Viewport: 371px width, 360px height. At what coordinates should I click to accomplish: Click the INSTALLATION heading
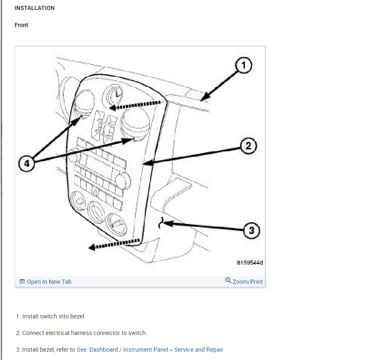coord(35,8)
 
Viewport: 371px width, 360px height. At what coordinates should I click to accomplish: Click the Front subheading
coord(21,25)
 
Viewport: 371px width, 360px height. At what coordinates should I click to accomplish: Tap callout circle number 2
coord(248,146)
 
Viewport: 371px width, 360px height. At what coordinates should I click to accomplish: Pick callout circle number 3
coord(251,230)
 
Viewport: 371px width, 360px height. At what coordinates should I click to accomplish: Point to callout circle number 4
coord(27,164)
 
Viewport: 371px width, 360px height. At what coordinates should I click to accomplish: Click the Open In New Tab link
coord(49,282)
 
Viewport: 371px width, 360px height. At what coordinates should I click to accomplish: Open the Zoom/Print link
coord(247,282)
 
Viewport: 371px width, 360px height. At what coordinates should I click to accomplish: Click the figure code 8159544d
coord(250,263)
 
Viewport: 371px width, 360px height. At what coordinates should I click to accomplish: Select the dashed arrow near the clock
coord(135,105)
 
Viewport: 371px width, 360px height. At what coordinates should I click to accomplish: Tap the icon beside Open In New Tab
coord(22,282)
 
